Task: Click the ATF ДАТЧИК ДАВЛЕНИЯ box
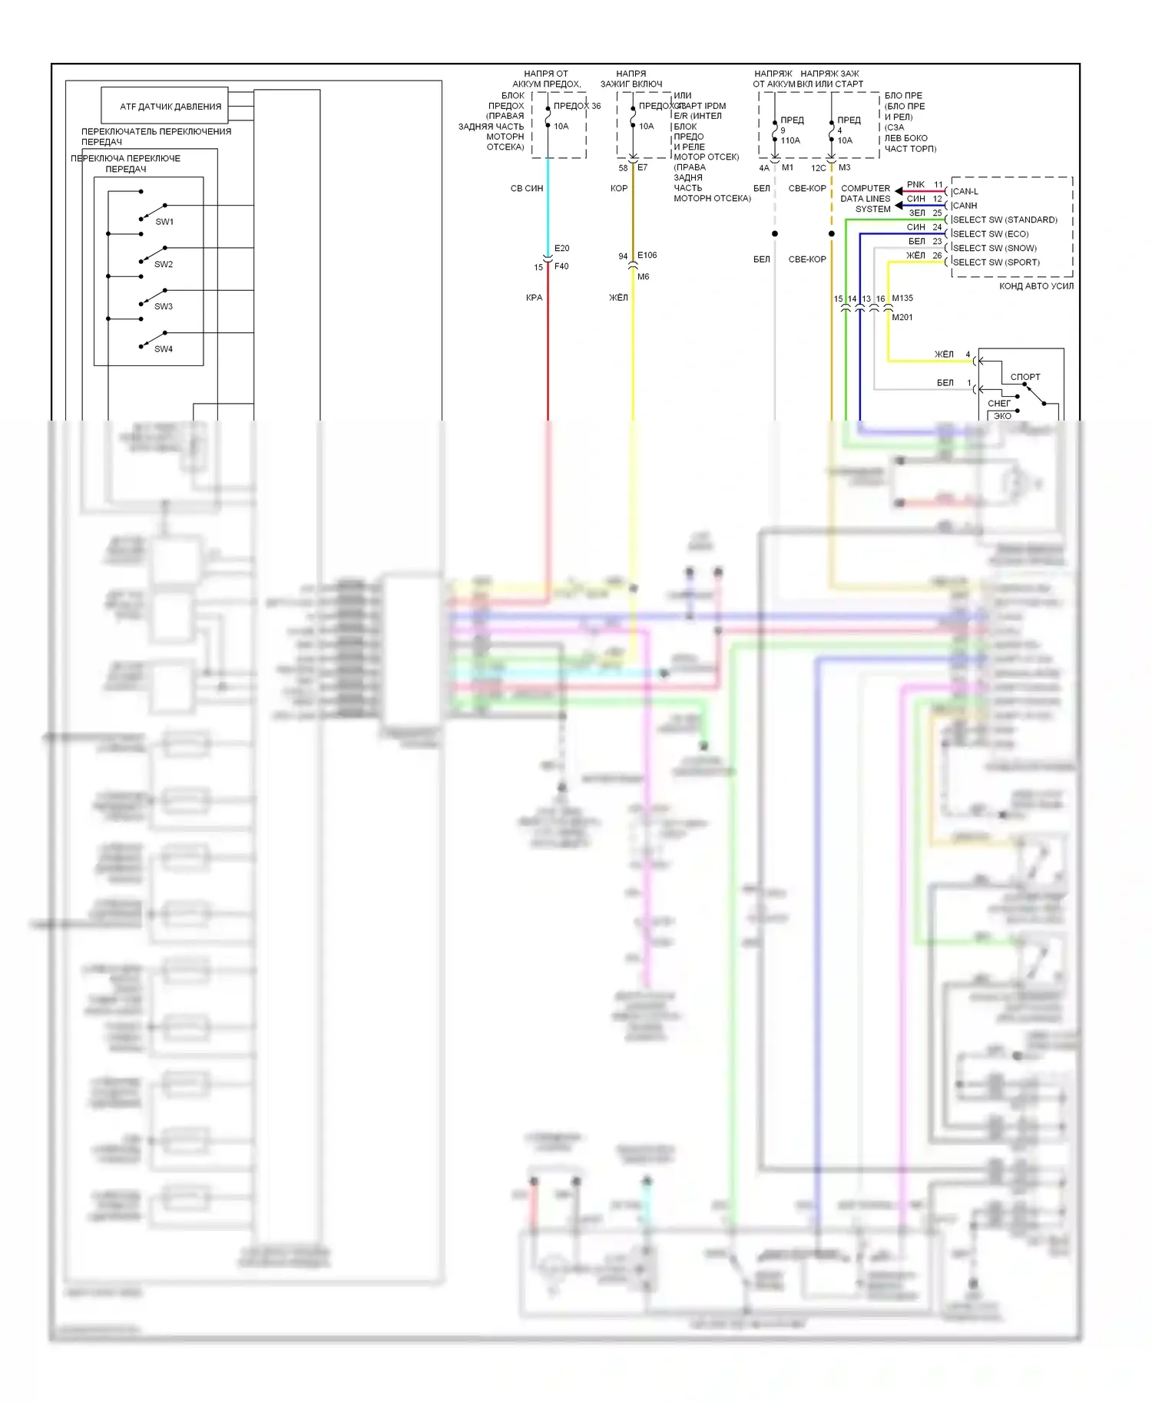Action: [165, 106]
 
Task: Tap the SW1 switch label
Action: [164, 222]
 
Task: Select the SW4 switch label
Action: [164, 349]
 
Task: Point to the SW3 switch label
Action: [164, 306]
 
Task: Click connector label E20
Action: [562, 248]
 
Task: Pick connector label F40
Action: [562, 266]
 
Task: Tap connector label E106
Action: [647, 255]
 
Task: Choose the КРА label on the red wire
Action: [535, 298]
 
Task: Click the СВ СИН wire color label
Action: [527, 188]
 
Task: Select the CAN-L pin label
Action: [965, 191]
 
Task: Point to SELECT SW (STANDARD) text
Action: [1005, 220]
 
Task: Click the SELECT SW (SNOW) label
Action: [995, 248]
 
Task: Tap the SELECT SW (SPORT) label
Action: [996, 262]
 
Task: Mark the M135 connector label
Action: [902, 298]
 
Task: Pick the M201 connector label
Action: [902, 317]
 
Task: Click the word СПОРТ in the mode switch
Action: [1025, 377]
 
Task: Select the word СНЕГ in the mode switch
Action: [999, 403]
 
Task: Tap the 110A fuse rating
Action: [790, 140]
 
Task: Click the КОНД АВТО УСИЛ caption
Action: [1036, 286]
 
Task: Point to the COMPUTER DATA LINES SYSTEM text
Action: [866, 199]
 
